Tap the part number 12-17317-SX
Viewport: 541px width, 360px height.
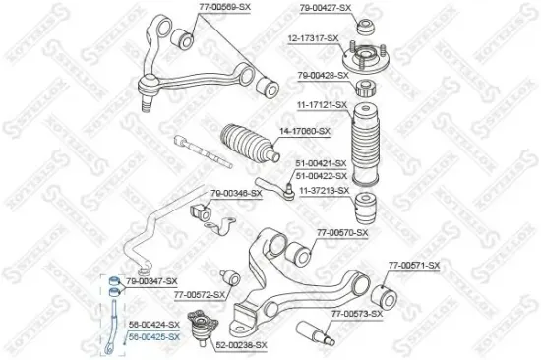pyautogui.click(x=313, y=38)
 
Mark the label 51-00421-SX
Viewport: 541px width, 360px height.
pyautogui.click(x=321, y=163)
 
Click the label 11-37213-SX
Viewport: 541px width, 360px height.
pyautogui.click(x=325, y=189)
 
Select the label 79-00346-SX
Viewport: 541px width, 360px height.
pyautogui.click(x=236, y=193)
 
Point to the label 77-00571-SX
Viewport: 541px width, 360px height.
pyautogui.click(x=413, y=266)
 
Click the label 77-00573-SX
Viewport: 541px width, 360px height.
pyautogui.click(x=356, y=313)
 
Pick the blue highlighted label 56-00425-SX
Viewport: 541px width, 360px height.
pyautogui.click(x=154, y=336)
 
